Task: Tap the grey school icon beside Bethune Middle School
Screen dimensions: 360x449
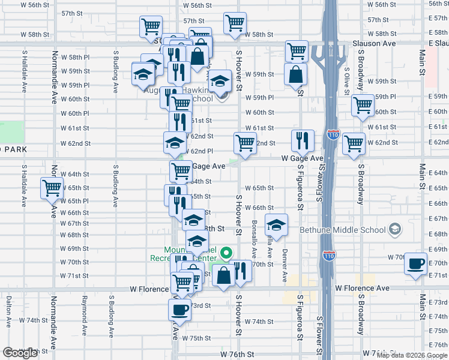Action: pyautogui.click(x=395, y=229)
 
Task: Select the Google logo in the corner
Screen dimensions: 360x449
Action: pyautogui.click(x=20, y=353)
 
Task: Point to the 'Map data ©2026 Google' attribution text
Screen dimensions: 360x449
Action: pyautogui.click(x=412, y=355)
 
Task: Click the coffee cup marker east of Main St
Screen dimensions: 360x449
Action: pyautogui.click(x=415, y=263)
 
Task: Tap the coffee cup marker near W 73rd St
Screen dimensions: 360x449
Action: pyautogui.click(x=179, y=310)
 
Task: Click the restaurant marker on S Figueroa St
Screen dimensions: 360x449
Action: pyautogui.click(x=301, y=140)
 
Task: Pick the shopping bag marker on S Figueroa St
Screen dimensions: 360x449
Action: pyautogui.click(x=296, y=75)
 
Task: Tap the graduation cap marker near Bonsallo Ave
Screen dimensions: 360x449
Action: pyautogui.click(x=276, y=225)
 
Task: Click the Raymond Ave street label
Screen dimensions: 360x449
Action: pyautogui.click(x=84, y=310)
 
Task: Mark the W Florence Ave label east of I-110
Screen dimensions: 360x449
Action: pyautogui.click(x=363, y=288)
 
